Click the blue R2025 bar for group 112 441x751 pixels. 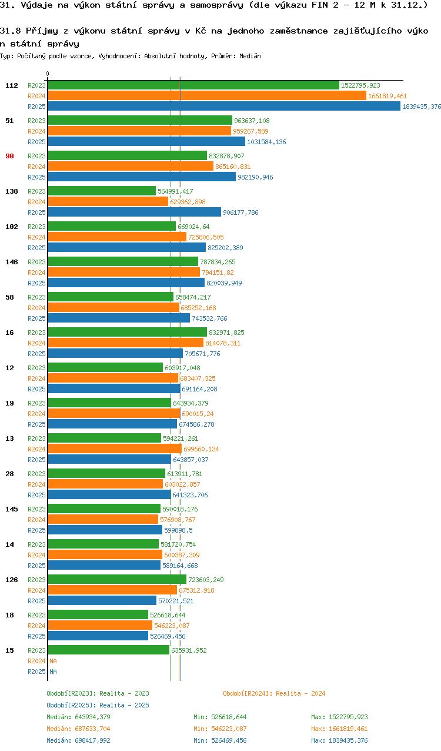(223, 107)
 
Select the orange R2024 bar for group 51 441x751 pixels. (139, 131)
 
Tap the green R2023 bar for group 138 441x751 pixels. (102, 191)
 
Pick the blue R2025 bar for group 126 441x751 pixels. (102, 601)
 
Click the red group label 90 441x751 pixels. (9, 156)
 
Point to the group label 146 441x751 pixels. (12, 262)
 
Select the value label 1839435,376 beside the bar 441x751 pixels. (422, 107)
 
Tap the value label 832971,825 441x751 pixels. (226, 333)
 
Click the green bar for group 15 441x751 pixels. (108, 650)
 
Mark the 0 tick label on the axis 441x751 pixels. (48, 74)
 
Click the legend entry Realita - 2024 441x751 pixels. (274, 693)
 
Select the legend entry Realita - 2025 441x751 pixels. (98, 705)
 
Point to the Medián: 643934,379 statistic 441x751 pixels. (78, 717)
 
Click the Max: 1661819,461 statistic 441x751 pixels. (339, 729)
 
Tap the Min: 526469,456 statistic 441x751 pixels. (220, 740)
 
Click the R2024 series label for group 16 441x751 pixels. (36, 343)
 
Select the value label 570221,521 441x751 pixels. (176, 601)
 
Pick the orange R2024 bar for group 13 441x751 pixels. (115, 449)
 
